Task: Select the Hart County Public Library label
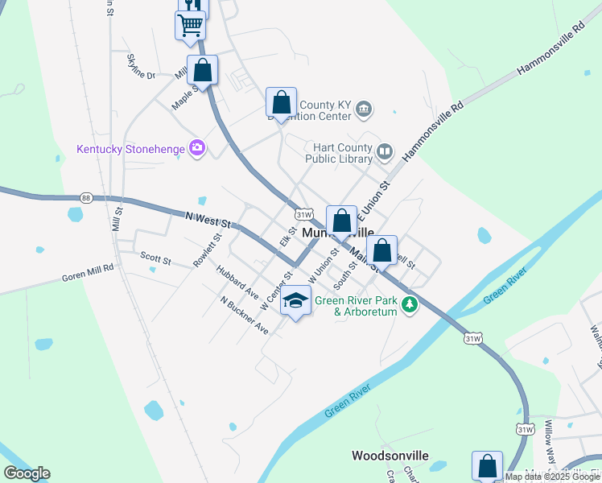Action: point(342,153)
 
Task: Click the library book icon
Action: point(385,151)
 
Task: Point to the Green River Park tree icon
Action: point(410,303)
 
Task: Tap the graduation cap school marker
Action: point(296,301)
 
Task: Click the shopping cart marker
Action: point(190,24)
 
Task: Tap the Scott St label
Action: point(155,260)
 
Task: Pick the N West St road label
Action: point(208,217)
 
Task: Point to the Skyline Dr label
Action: point(140,66)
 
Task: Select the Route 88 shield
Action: point(86,198)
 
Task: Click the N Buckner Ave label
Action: point(244,316)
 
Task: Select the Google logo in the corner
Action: point(27,473)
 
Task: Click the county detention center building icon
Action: point(364,109)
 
